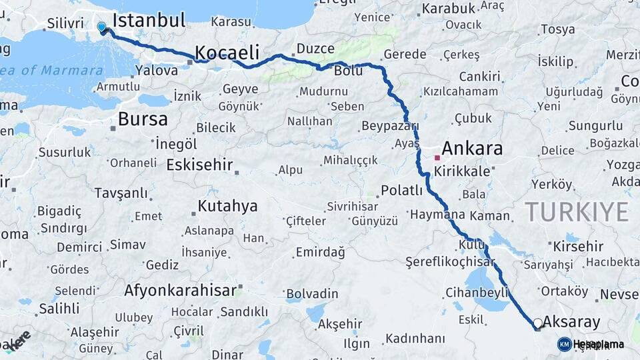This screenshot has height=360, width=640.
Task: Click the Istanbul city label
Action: tap(149, 20)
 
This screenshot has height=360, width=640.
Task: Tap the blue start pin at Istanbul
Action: tap(101, 27)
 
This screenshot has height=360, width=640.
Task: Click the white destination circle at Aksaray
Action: tap(538, 323)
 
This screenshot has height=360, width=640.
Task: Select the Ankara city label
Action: tap(472, 148)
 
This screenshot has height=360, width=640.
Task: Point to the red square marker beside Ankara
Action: tap(437, 158)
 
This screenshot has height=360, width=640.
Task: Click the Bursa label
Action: tap(143, 119)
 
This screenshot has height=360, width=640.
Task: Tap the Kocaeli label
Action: tap(231, 52)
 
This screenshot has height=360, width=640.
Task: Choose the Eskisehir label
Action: tap(199, 164)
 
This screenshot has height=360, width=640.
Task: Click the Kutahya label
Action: tap(227, 205)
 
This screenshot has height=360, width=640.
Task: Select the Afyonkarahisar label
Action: tap(181, 290)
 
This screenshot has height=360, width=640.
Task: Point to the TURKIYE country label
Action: tap(577, 212)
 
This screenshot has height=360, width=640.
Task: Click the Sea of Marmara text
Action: tap(53, 70)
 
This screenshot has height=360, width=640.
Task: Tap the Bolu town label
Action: tap(348, 70)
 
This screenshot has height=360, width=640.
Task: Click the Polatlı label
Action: tap(401, 191)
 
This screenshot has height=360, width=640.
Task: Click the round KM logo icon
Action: tap(564, 344)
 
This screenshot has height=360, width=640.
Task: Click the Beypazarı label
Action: tap(389, 126)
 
